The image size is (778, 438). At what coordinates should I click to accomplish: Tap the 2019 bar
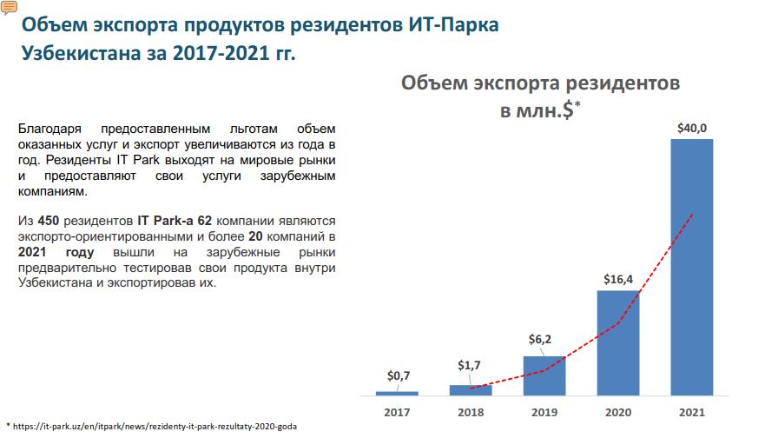pyautogui.click(x=544, y=375)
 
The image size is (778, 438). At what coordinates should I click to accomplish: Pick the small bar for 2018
pyautogui.click(x=471, y=389)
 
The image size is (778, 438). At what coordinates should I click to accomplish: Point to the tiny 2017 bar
pyautogui.click(x=397, y=393)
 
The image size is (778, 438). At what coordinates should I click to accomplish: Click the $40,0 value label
pyautogui.click(x=692, y=128)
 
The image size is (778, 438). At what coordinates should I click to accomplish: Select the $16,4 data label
pyautogui.click(x=617, y=279)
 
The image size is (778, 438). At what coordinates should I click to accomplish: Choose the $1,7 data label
pyautogui.click(x=471, y=365)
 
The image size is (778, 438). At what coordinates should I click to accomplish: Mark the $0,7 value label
pyautogui.click(x=399, y=375)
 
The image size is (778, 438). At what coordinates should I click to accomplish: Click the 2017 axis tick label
pyautogui.click(x=397, y=412)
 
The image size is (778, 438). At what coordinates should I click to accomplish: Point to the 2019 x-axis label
pyautogui.click(x=544, y=412)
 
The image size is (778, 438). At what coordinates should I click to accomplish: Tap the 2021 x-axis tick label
pyautogui.click(x=692, y=412)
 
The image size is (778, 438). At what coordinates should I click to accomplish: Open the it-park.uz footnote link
pyautogui.click(x=155, y=427)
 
